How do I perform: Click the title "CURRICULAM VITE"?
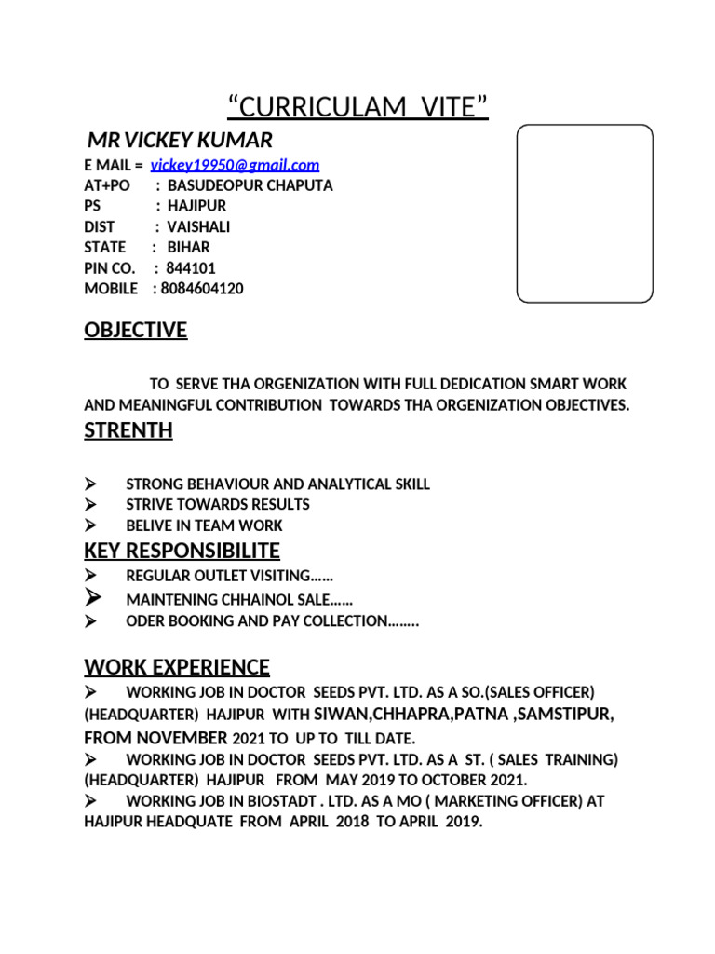[357, 107]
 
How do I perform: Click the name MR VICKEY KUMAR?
[180, 141]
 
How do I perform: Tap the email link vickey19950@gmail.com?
[235, 165]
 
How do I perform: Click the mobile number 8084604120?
[202, 289]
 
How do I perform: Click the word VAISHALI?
[198, 226]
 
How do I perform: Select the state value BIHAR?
[188, 248]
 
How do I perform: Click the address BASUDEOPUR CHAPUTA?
[250, 185]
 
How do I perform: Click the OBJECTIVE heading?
[136, 331]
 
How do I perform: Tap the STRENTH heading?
[128, 430]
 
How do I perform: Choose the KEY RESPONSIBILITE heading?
[182, 551]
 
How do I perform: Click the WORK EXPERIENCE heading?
[177, 667]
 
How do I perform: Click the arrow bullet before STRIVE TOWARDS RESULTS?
[91, 505]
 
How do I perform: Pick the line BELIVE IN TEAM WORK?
[204, 525]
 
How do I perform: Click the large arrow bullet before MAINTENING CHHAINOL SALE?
[92, 598]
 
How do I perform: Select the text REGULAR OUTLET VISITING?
[229, 578]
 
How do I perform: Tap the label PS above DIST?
[91, 206]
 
